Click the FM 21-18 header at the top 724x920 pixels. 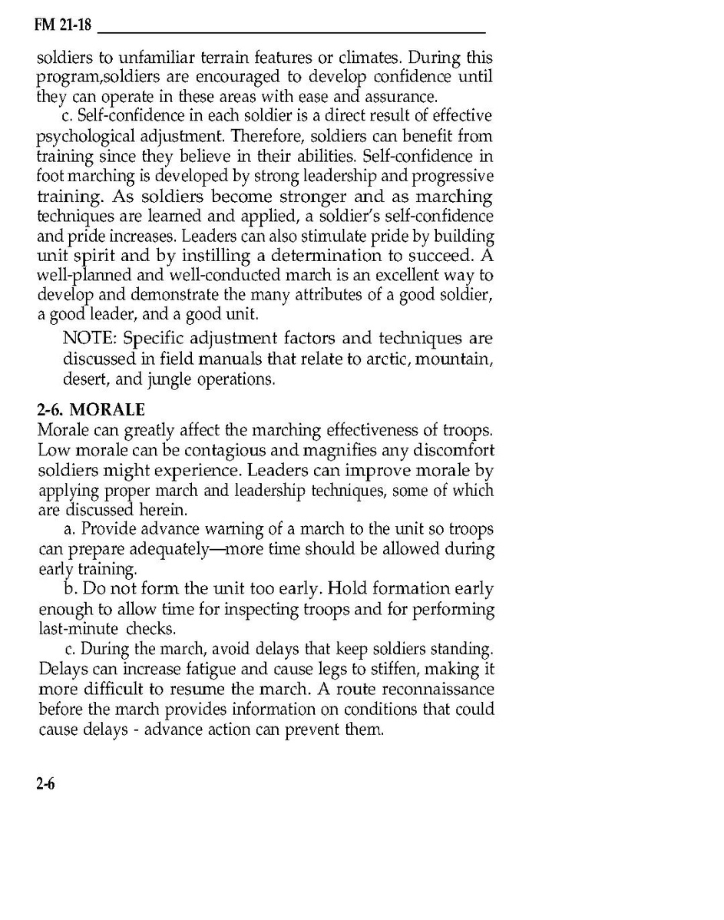[63, 26]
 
